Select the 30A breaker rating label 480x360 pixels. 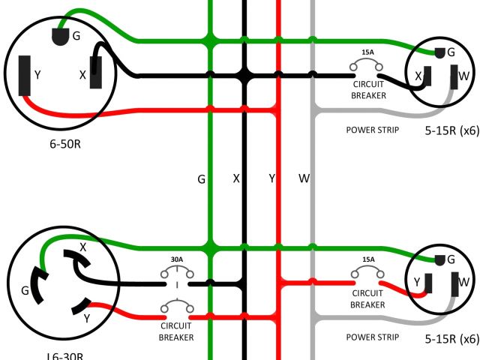(177, 259)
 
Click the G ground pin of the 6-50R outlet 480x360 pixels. (59, 35)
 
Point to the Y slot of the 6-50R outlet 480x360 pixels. (24, 75)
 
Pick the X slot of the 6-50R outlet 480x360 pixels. (95, 73)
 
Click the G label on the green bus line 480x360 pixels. (201, 178)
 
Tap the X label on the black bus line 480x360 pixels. (236, 178)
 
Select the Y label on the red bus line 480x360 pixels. (271, 178)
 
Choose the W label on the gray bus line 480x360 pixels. (304, 178)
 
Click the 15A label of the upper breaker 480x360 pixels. (367, 52)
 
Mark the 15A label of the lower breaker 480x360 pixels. (367, 259)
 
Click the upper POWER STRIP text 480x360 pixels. (371, 130)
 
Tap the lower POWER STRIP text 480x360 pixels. (371, 337)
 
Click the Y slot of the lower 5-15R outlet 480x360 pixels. (430, 283)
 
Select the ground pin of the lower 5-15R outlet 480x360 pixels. (439, 259)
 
